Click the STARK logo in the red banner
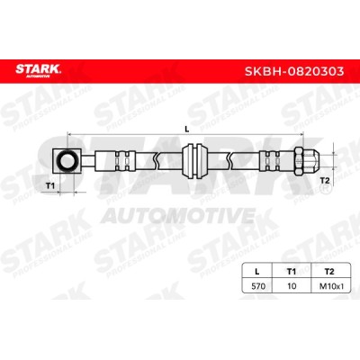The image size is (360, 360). coord(39,70)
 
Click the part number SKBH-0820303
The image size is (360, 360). coord(294,71)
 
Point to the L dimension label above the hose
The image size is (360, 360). coord(186,130)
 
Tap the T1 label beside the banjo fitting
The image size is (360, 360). coord(50,186)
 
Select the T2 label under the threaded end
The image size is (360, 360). coord(325,181)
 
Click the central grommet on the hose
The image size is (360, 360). coord(194,161)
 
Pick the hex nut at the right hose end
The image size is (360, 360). coord(299,161)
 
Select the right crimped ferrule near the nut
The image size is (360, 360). coord(270,161)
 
